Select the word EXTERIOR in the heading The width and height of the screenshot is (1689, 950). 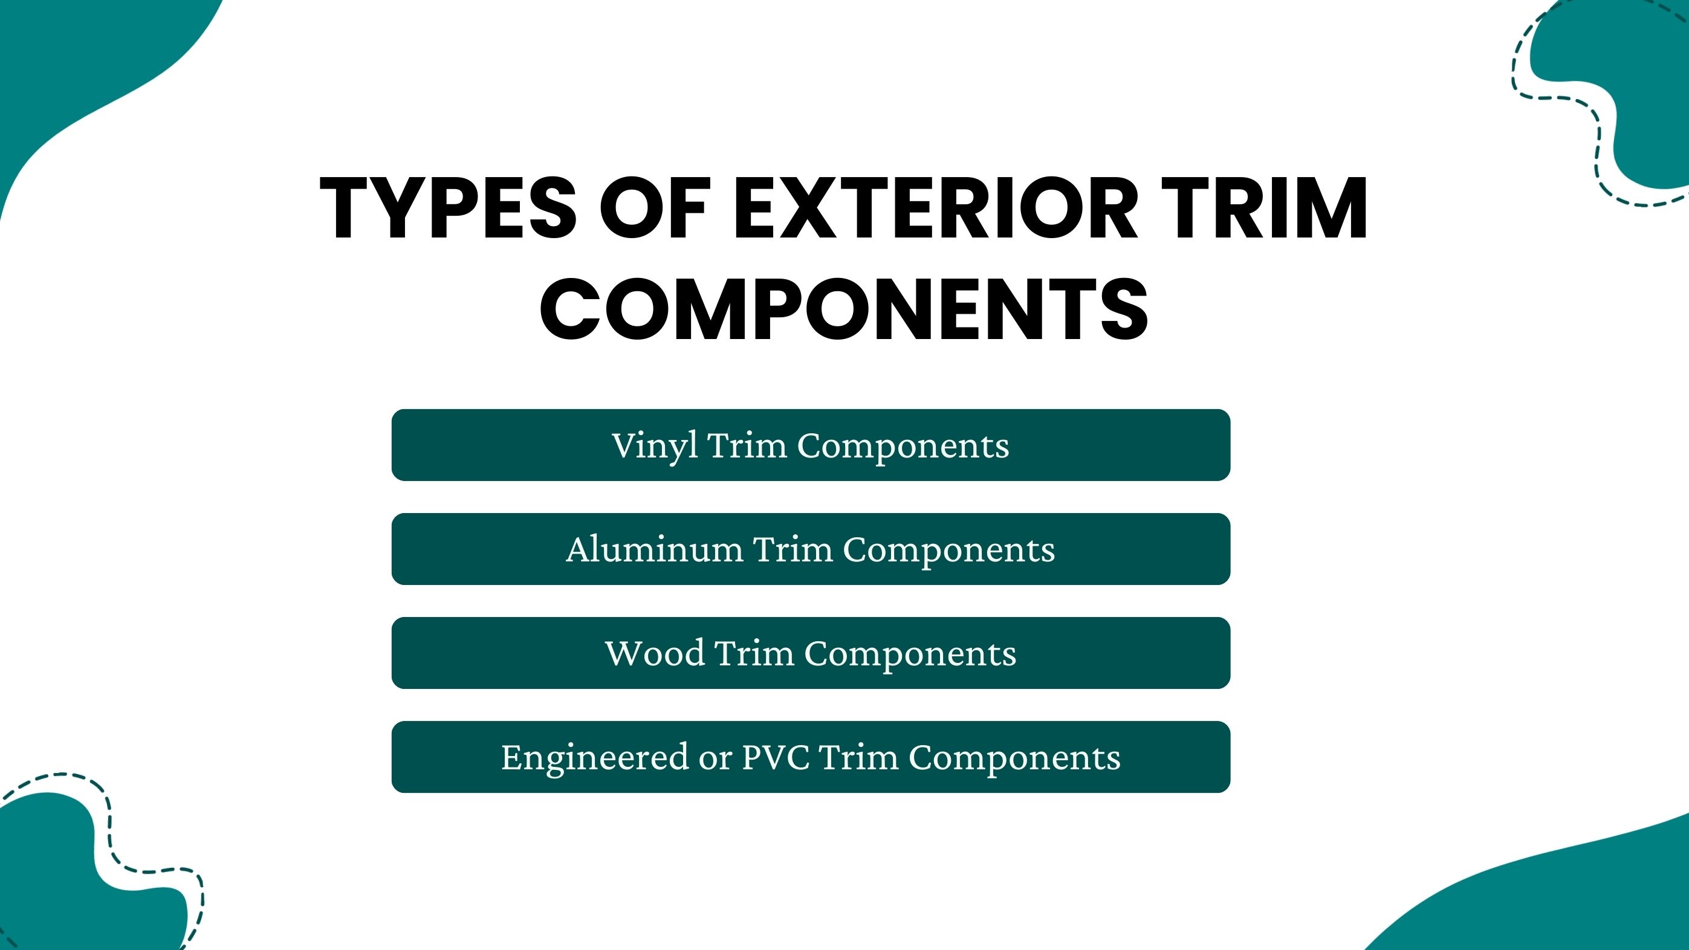[x=935, y=208]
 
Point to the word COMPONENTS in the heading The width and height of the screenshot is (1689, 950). [x=844, y=309]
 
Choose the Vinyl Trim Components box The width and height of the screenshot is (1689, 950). [x=811, y=445]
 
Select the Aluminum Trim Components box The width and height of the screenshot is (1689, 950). [x=811, y=549]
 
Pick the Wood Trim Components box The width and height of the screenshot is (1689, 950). [x=811, y=653]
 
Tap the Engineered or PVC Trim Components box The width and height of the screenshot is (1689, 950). [x=811, y=757]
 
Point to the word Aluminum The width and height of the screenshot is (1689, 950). [x=654, y=549]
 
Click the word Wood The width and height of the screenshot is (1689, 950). [x=654, y=653]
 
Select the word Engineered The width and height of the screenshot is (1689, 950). [x=595, y=758]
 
